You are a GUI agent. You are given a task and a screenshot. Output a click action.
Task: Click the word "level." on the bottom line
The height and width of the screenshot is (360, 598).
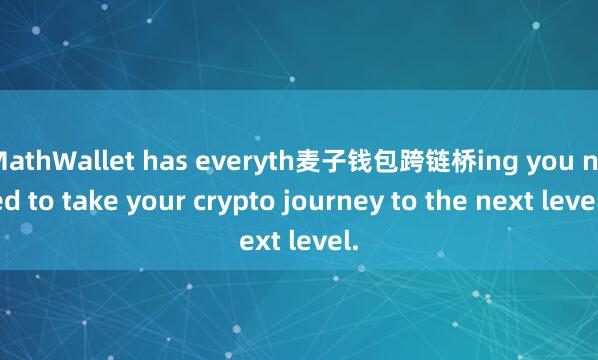click(326, 241)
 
